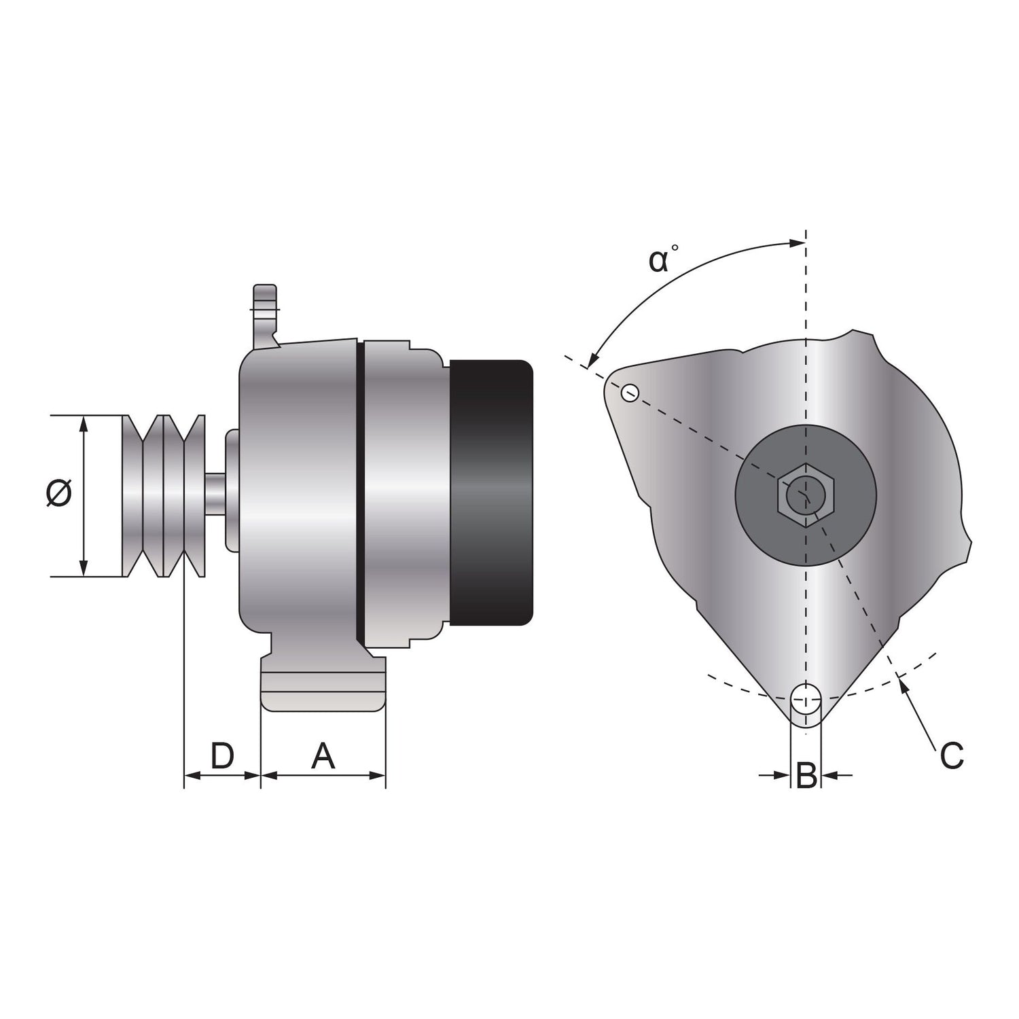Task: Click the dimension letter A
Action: pyautogui.click(x=323, y=755)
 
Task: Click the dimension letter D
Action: pyautogui.click(x=222, y=755)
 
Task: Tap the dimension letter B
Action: pyautogui.click(x=806, y=775)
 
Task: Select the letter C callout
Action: pyautogui.click(x=952, y=755)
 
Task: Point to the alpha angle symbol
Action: pyautogui.click(x=660, y=260)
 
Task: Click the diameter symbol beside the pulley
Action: pyautogui.click(x=59, y=493)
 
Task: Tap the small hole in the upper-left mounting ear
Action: pyautogui.click(x=630, y=392)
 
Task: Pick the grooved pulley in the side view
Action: pyautogui.click(x=163, y=495)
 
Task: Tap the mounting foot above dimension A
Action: pyautogui.click(x=323, y=686)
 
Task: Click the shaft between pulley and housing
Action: pyautogui.click(x=216, y=495)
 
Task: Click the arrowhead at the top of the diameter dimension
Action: pyautogui.click(x=84, y=424)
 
